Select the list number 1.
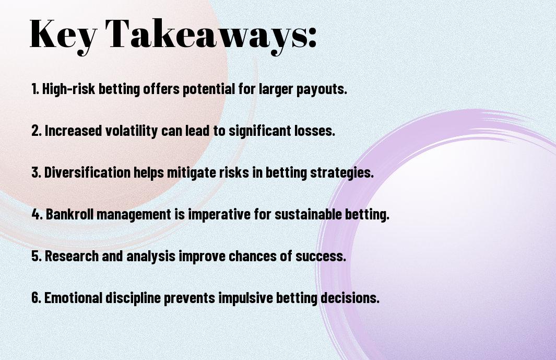(x=35, y=89)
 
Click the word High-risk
(x=68, y=89)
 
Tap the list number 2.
(x=36, y=131)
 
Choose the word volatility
(x=131, y=131)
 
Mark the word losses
(x=314, y=131)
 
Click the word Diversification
(x=87, y=172)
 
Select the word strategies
(x=342, y=173)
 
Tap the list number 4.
(x=37, y=214)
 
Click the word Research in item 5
(x=72, y=256)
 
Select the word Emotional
(x=73, y=297)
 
